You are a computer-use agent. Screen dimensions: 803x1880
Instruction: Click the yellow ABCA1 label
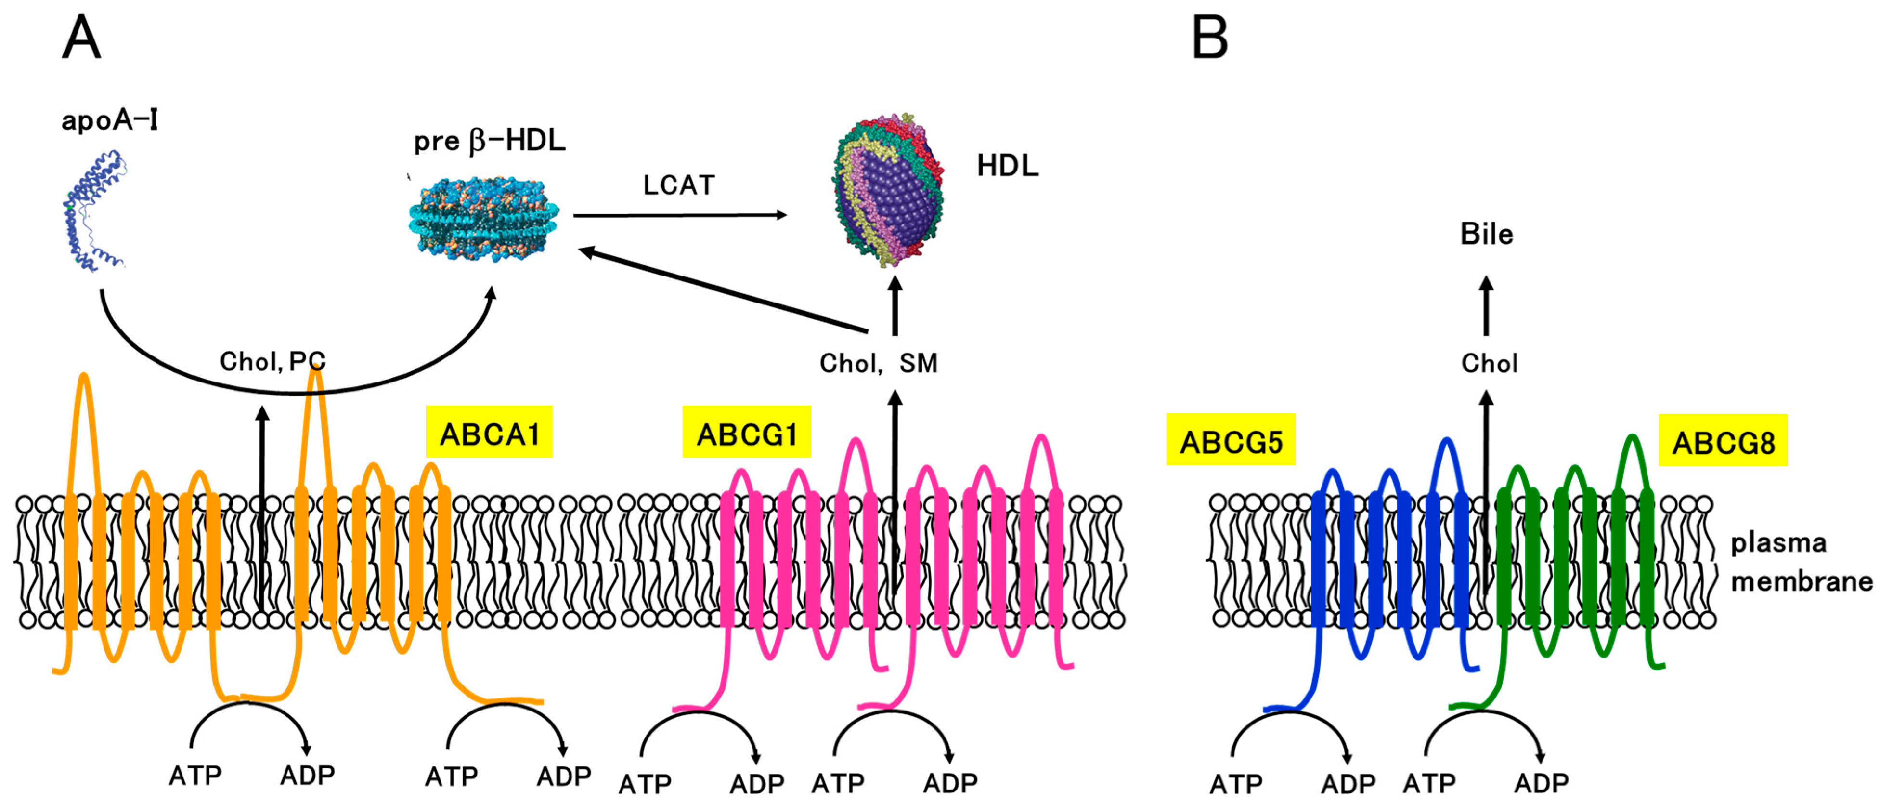pyautogui.click(x=489, y=434)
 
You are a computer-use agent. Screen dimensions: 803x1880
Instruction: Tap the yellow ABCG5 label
pyautogui.click(x=1231, y=441)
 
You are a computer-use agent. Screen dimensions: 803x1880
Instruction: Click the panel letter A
pyautogui.click(x=81, y=38)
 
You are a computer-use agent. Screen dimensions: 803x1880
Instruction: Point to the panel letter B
pyautogui.click(x=1209, y=38)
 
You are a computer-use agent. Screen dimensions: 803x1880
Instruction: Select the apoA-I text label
pyautogui.click(x=109, y=120)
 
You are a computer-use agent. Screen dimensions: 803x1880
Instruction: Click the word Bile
pyautogui.click(x=1487, y=234)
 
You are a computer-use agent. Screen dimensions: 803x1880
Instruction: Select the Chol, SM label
pyautogui.click(x=878, y=363)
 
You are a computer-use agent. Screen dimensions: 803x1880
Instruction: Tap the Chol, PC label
pyautogui.click(x=272, y=361)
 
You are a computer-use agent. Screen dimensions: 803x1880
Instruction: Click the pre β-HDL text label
pyautogui.click(x=490, y=141)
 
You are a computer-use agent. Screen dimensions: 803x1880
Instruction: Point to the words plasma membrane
pyautogui.click(x=1801, y=562)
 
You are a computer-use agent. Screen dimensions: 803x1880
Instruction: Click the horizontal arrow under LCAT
pyautogui.click(x=679, y=215)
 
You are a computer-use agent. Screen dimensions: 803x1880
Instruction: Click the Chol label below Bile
pyautogui.click(x=1489, y=363)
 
